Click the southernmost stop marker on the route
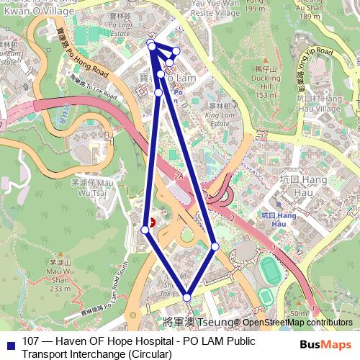point(186,297)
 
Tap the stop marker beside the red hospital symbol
point(145,230)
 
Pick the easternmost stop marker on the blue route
point(215,247)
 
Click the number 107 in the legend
point(32,341)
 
